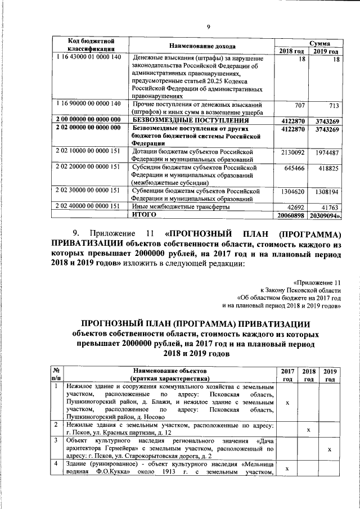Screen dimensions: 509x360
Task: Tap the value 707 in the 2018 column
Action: (299, 105)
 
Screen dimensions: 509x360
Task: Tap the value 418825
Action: (327, 168)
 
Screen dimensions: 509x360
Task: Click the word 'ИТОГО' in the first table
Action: (143, 214)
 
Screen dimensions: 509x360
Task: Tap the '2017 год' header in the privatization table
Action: (287, 375)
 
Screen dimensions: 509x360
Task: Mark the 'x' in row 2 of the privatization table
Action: (308, 430)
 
